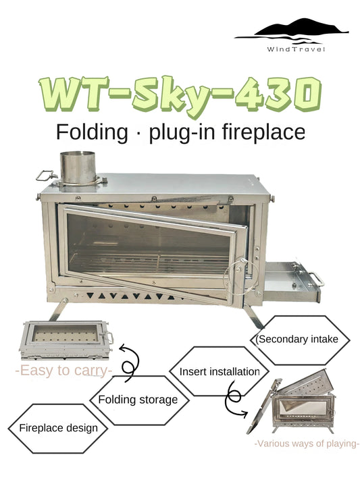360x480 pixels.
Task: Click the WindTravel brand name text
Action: (296, 49)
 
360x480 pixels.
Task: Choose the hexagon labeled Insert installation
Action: (220, 372)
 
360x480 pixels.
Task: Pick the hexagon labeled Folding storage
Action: (138, 400)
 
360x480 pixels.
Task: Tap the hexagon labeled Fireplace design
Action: (58, 428)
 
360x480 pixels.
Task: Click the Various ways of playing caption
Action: (306, 444)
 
